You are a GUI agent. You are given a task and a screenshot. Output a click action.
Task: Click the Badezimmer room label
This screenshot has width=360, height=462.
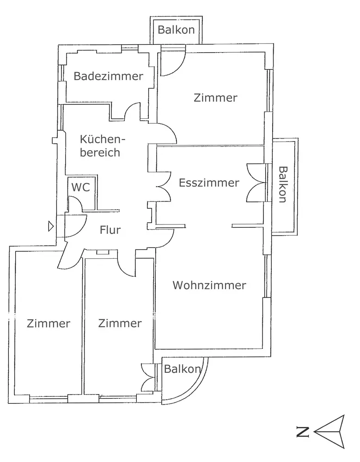[108, 76]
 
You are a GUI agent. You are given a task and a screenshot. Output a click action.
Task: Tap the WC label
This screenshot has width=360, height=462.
[80, 187]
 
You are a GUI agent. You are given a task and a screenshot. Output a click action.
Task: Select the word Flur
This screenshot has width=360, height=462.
[110, 230]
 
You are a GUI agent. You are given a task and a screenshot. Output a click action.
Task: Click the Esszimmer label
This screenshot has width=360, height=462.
[209, 182]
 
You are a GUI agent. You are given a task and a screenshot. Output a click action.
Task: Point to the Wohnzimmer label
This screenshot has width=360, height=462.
[209, 285]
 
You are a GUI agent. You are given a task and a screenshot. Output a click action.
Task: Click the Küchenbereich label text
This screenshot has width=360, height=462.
[102, 146]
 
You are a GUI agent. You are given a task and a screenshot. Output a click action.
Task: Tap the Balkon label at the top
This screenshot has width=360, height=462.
[176, 30]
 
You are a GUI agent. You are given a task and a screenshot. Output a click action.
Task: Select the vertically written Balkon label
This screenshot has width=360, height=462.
[283, 184]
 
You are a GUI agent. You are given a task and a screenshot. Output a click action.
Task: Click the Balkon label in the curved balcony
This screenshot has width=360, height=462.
[182, 369]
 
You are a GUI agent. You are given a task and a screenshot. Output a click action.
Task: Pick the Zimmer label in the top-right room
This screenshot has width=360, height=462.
[215, 97]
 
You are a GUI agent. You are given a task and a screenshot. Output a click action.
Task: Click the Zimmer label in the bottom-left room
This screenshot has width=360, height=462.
[49, 323]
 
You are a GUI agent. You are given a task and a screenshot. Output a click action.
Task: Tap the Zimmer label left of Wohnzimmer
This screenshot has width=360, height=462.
[120, 323]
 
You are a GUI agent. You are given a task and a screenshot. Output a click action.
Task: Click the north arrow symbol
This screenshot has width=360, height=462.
[330, 432]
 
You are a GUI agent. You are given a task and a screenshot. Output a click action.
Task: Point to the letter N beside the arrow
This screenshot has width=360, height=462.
[303, 432]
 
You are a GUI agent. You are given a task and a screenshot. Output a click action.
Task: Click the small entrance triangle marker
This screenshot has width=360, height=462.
[51, 226]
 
